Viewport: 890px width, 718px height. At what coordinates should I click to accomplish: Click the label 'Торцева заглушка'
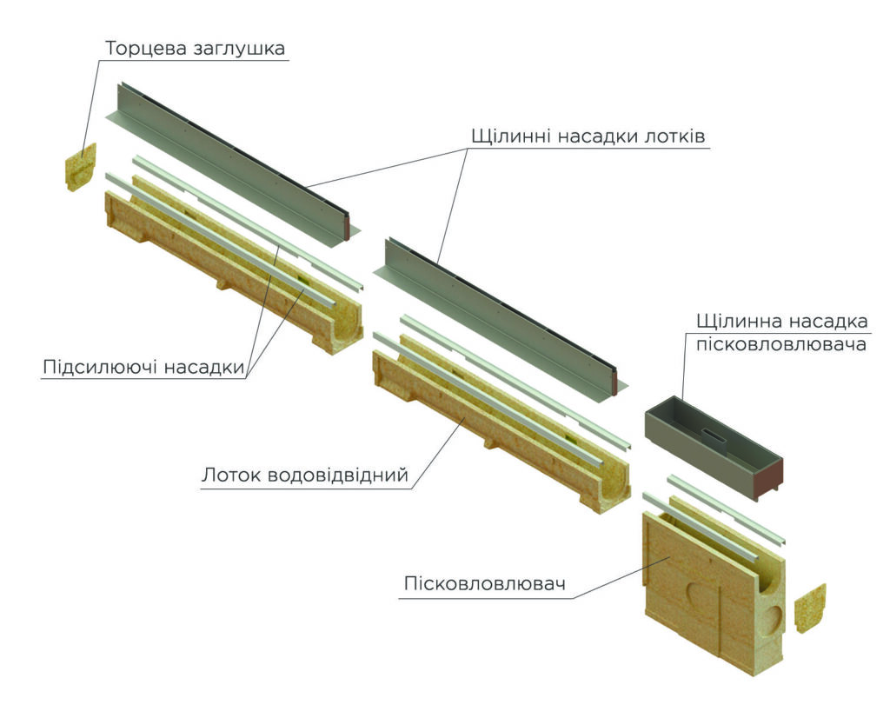(x=195, y=49)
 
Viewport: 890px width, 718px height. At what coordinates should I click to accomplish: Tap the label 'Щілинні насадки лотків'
(x=588, y=136)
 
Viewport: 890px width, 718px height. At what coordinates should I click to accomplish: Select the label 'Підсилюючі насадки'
(x=143, y=367)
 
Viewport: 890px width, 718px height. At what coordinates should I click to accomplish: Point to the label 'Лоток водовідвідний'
(x=305, y=475)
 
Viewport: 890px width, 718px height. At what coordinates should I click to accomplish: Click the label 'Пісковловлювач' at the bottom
(x=485, y=583)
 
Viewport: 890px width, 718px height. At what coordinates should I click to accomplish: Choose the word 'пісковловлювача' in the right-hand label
(x=781, y=344)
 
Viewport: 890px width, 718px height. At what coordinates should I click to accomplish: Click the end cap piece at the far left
(x=81, y=166)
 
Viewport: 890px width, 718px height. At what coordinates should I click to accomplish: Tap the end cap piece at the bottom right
(x=810, y=608)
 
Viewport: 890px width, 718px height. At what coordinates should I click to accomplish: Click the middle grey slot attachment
(x=501, y=321)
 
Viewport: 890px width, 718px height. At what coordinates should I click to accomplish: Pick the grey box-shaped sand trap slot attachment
(x=714, y=448)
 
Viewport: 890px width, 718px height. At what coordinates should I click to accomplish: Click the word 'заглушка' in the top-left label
(x=240, y=50)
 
